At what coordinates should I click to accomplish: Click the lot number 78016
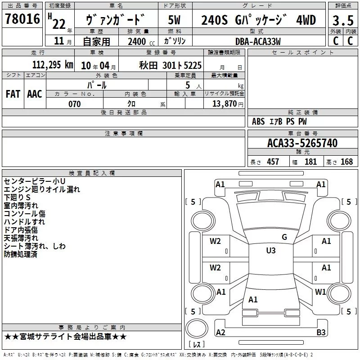click(22, 18)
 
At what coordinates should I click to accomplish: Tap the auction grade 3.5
click(343, 20)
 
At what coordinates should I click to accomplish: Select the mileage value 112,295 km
click(53, 65)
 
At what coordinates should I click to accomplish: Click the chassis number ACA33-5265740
click(302, 143)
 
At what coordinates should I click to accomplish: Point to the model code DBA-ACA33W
click(258, 41)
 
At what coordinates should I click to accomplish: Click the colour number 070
click(74, 104)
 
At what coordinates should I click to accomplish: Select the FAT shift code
click(13, 94)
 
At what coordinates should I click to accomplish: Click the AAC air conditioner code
click(35, 94)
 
